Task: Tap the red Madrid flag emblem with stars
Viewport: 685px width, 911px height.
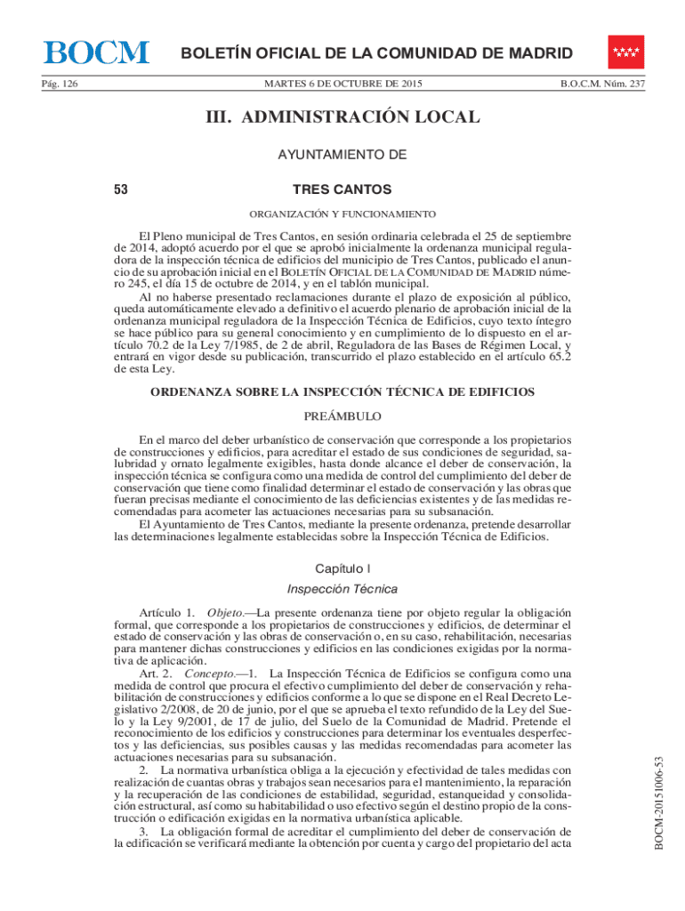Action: pos(626,52)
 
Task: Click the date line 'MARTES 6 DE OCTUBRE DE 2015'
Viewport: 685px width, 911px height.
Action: pos(342,85)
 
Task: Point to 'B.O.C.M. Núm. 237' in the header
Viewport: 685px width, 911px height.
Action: pos(602,85)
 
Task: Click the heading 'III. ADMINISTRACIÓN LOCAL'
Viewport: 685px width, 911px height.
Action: pos(342,117)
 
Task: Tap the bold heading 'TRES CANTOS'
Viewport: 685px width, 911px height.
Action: pos(342,189)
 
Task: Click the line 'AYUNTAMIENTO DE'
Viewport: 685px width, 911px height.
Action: pos(342,155)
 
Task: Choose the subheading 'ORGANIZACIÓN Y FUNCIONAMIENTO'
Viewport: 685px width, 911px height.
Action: pos(342,214)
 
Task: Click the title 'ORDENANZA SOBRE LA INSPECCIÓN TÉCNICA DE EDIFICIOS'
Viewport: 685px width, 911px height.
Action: pos(342,392)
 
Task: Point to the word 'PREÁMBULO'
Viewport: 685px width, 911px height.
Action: pos(342,415)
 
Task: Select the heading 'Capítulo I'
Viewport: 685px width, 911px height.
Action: pos(342,568)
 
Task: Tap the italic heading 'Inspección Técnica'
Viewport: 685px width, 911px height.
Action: pos(342,589)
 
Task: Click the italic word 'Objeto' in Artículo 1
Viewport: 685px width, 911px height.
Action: pos(224,614)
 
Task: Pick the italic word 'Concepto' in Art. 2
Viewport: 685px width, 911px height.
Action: pos(209,674)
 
